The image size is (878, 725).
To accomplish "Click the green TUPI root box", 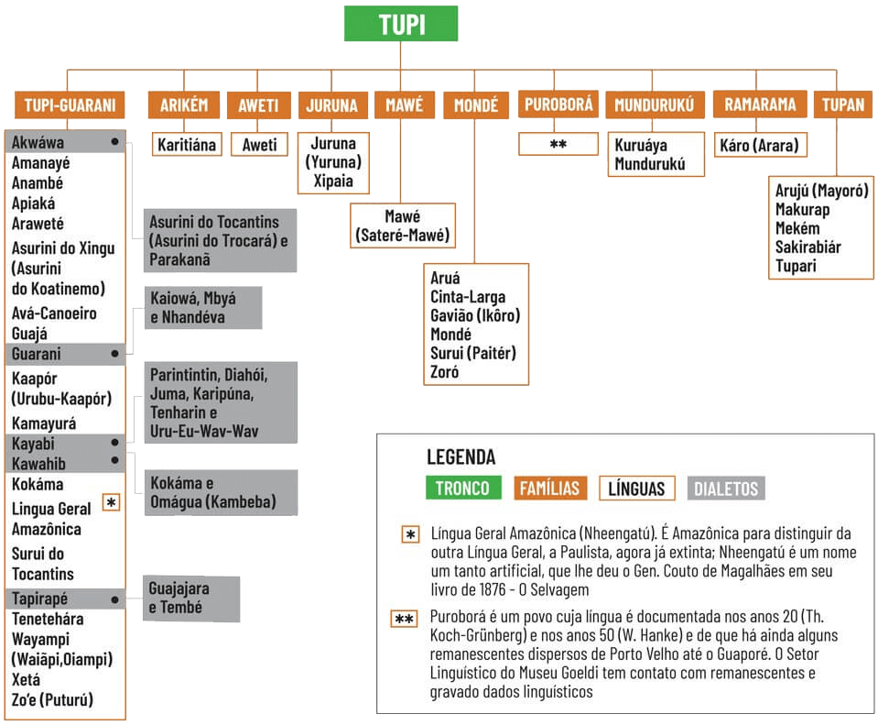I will (x=401, y=25).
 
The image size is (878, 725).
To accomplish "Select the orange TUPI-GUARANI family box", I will (x=70, y=105).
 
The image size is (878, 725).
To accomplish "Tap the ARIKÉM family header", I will (x=183, y=105).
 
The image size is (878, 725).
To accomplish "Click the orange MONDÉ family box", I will (x=475, y=105).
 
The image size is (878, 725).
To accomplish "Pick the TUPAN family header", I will (x=842, y=105).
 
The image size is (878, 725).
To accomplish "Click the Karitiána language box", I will (x=187, y=145).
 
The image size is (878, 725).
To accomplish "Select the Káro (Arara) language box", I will (x=759, y=145).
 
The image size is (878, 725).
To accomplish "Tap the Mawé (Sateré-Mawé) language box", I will (x=404, y=226).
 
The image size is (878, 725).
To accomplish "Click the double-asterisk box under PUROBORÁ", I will (x=558, y=145).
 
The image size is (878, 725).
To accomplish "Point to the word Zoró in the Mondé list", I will (x=445, y=372).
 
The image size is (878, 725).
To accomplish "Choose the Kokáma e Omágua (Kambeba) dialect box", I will (x=211, y=492).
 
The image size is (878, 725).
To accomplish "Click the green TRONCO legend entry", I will (x=461, y=489).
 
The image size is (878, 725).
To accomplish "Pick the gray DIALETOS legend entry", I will (x=726, y=489).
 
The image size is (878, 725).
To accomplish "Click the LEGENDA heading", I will (x=461, y=457).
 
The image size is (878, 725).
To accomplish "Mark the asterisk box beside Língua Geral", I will (x=111, y=502).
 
